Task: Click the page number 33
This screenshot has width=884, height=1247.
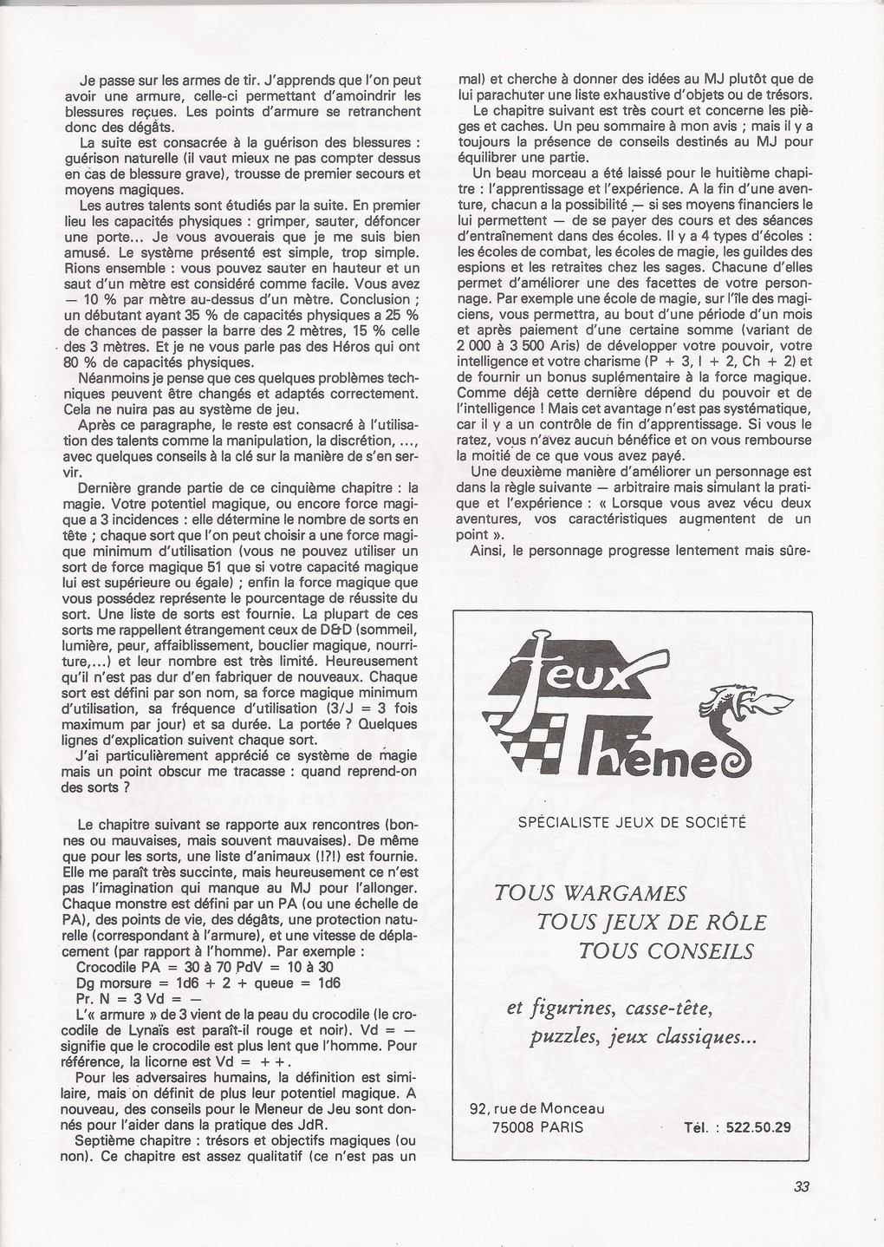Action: pos(801,1187)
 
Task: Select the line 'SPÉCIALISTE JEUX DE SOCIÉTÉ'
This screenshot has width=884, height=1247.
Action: pos(631,821)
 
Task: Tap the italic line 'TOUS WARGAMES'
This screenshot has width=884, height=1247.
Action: pos(589,893)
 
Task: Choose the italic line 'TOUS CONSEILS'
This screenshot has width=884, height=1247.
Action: pos(667,950)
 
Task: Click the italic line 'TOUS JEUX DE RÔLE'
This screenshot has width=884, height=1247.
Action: pos(652,922)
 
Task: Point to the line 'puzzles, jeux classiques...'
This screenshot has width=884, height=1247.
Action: pos(643,1037)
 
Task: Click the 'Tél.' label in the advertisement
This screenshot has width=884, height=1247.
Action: pos(699,1128)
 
